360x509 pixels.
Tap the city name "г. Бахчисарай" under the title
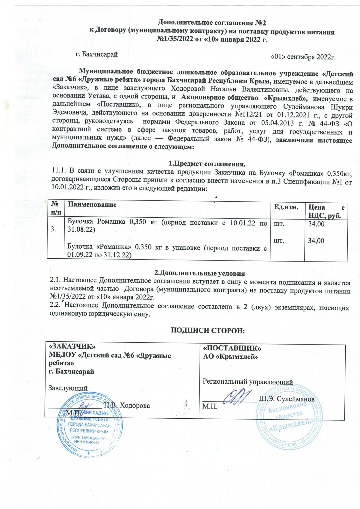click(96, 54)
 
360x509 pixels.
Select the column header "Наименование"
click(92, 205)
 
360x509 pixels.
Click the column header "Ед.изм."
click(286, 207)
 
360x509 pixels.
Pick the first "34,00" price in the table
click(316, 224)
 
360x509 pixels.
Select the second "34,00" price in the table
click(316, 241)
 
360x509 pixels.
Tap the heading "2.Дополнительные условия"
click(200, 273)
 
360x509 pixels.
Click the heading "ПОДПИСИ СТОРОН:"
click(208, 331)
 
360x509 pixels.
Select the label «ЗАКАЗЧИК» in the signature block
click(72, 346)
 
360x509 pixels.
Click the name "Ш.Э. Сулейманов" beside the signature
click(286, 399)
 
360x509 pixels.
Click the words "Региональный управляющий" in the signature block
click(248, 382)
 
